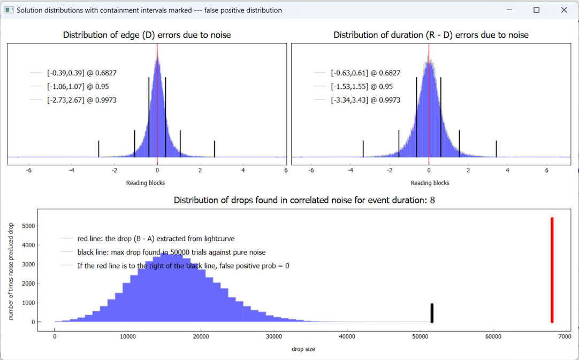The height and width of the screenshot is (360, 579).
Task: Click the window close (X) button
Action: [x=563, y=10]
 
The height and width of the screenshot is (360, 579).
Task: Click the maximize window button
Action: [x=536, y=10]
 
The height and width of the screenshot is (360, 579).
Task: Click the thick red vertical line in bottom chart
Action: [x=552, y=270]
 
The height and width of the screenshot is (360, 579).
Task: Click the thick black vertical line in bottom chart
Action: [x=432, y=313]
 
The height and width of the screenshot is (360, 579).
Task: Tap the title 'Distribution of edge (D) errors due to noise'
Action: [x=147, y=35]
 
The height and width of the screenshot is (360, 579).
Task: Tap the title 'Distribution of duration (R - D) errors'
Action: [x=431, y=35]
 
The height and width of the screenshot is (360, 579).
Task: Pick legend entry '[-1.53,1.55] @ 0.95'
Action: [x=362, y=87]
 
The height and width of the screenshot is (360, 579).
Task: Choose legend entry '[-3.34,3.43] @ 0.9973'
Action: [x=365, y=100]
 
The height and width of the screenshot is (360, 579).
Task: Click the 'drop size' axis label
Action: [x=303, y=349]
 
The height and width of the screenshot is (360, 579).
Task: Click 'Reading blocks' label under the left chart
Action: [x=146, y=183]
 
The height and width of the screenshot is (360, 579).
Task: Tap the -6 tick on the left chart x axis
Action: [x=28, y=171]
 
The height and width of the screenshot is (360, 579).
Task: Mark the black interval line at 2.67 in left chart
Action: [x=215, y=149]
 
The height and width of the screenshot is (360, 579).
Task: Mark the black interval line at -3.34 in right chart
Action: [x=363, y=149]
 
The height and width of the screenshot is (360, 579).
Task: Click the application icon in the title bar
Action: [x=9, y=10]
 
